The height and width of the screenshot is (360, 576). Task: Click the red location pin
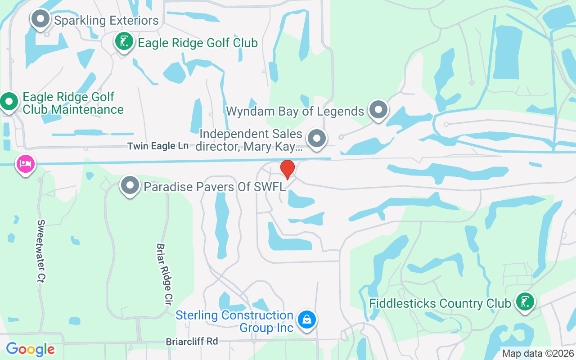pos(288,169)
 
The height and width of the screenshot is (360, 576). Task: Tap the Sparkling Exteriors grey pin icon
pos(41,19)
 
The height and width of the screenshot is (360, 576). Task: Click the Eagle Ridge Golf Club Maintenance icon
pos(9,102)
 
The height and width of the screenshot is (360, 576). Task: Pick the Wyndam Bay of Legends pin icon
pos(378,109)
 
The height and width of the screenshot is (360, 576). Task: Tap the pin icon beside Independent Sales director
pos(317,138)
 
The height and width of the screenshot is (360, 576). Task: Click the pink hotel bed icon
pos(26,163)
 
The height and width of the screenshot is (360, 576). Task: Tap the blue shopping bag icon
pos(307,320)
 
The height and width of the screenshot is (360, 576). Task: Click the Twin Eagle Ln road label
pos(158,146)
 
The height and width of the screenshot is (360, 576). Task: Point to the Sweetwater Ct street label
pos(41,251)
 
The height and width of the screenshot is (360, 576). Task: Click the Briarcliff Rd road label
pos(192,342)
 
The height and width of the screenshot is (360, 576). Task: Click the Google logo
pos(30,349)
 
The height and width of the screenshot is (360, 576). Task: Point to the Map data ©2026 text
pos(538,353)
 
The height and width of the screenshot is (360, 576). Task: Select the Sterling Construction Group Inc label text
pos(234,321)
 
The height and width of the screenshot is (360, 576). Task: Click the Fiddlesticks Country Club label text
pos(440,303)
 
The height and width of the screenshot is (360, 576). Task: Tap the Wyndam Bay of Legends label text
pos(295,111)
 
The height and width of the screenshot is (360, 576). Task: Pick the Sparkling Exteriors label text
pos(106,20)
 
